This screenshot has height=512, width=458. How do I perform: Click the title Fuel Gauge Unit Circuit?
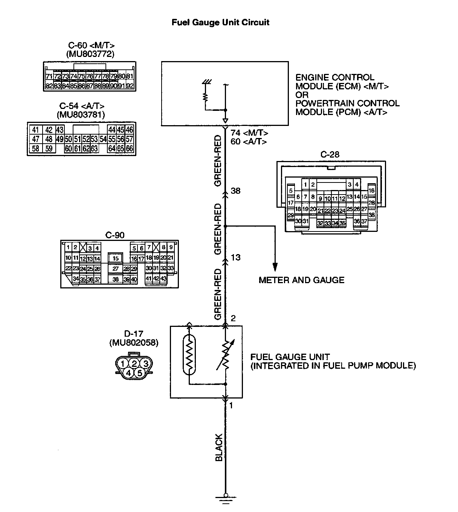coord(220,23)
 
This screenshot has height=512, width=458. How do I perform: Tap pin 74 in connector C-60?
coord(73,77)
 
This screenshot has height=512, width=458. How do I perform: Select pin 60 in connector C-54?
coord(68,149)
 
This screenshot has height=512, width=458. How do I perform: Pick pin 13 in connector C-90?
coord(90,259)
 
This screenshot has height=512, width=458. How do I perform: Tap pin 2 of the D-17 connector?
coord(134,364)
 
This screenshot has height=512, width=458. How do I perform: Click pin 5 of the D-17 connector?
coord(139,373)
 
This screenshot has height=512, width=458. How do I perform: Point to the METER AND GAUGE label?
coord(301,280)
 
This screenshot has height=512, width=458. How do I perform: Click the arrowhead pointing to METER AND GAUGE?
coord(275,267)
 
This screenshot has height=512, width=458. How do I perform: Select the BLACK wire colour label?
coord(219,448)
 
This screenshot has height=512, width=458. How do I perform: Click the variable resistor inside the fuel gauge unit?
coord(226,356)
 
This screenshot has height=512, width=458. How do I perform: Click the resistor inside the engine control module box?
coord(206,97)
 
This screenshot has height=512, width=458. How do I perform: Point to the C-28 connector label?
coord(330,155)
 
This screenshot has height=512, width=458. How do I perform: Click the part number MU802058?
coord(134,343)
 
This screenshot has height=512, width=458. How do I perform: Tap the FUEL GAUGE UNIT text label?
coord(290,357)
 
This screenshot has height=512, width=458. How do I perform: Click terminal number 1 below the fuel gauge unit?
coord(231,406)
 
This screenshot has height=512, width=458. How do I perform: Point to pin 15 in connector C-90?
coord(116,259)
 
